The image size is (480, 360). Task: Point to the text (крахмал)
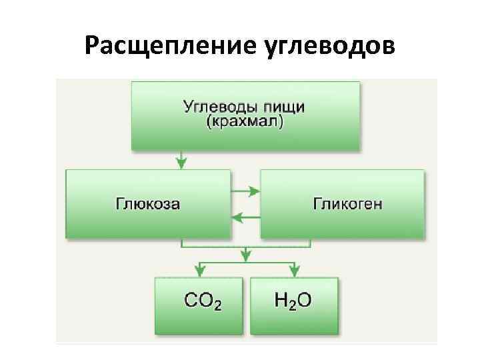tap(245, 123)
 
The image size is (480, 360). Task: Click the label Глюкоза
tap(148, 203)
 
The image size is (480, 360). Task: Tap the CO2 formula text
tap(203, 301)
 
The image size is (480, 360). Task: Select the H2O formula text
tap(292, 301)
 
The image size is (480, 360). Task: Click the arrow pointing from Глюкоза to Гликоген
tap(245, 192)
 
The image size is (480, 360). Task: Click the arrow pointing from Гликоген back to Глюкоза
tap(245, 216)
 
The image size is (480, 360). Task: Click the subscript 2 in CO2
tap(217, 305)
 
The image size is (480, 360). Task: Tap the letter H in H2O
tap(281, 301)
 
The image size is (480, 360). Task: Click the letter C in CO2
tap(191, 301)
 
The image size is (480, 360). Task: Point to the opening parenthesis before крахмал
tap(209, 123)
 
